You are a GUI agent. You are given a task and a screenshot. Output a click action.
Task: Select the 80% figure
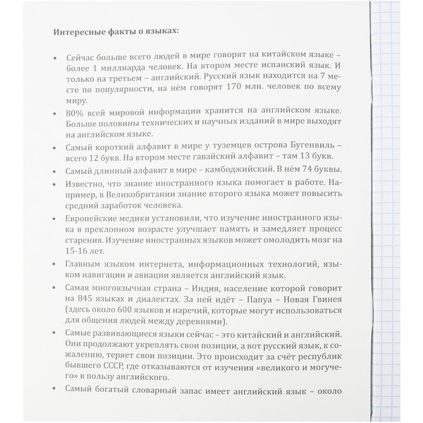click(75, 113)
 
